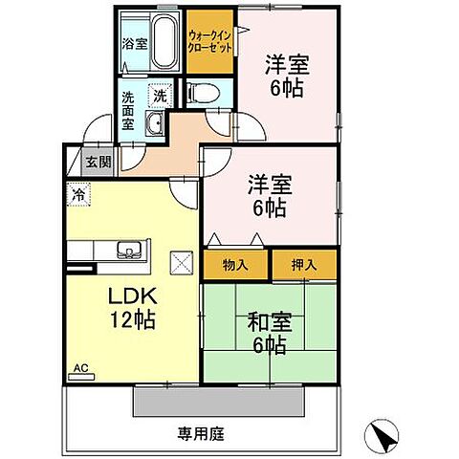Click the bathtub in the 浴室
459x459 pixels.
[164, 41]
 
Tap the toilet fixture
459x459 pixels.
[204, 93]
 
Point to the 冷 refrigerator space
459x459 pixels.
[78, 194]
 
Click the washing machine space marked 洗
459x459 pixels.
[160, 95]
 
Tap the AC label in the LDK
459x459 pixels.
[80, 368]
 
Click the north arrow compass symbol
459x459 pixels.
[382, 435]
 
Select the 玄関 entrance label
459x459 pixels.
[99, 163]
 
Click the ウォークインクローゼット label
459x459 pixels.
[209, 41]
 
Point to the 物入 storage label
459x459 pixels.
[235, 265]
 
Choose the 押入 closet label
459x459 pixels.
[304, 265]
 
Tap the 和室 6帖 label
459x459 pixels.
[270, 333]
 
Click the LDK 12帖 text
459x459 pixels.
[133, 307]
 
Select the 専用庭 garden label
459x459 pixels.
[201, 434]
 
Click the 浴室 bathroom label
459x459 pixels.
[135, 44]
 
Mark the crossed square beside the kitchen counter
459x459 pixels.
[182, 263]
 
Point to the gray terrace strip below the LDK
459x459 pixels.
[218, 402]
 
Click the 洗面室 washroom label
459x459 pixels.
[128, 111]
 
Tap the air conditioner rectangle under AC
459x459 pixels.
[81, 377]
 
